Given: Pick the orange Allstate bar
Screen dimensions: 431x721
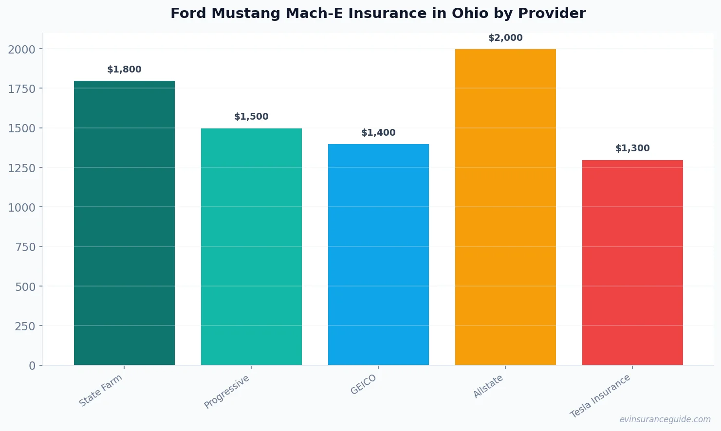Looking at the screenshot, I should (x=505, y=207).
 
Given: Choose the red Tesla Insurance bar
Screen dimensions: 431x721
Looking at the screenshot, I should (x=632, y=263).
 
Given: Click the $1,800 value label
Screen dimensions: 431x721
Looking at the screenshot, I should (x=124, y=70).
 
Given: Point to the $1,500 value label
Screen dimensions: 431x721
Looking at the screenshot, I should (x=251, y=117).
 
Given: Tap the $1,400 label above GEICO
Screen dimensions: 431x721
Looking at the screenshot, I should (x=378, y=133).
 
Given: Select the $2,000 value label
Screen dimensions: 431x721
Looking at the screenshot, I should (x=505, y=38).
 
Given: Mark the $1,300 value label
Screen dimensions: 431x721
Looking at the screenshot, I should (x=632, y=148).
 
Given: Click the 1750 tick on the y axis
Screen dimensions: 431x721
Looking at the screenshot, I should (x=22, y=89).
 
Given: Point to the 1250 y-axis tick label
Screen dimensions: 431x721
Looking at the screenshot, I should (x=22, y=168).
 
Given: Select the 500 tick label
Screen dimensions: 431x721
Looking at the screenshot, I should (x=25, y=287).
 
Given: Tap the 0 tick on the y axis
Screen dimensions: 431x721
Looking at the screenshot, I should (x=32, y=366).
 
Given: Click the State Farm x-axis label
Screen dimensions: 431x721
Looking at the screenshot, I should (x=101, y=391).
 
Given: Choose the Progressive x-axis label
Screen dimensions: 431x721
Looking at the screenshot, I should (x=227, y=392).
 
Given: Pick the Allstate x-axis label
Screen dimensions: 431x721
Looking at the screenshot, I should (x=488, y=387).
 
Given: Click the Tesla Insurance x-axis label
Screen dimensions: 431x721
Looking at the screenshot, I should (x=600, y=396).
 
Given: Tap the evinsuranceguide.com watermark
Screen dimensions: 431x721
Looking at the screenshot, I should (x=665, y=419).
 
